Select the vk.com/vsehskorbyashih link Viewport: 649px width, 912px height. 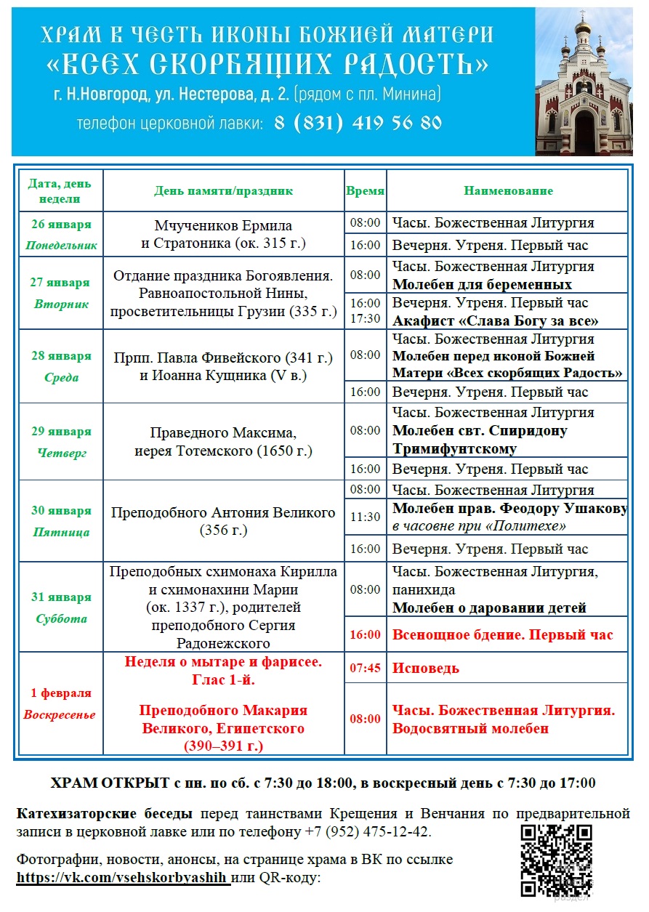pos(123,877)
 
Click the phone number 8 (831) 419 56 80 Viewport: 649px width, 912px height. pos(358,123)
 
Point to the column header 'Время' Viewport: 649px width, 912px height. pos(365,190)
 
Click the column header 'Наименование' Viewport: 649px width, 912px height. pos(508,190)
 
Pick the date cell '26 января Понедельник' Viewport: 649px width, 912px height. pos(61,234)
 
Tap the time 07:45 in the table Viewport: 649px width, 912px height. pos(365,668)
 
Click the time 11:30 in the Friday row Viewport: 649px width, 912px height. pos(365,517)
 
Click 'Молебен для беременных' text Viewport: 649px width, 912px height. pos(482,284)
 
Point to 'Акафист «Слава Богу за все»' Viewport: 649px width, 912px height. pos(496,320)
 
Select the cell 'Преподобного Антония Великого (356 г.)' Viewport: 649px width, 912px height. pos(223,521)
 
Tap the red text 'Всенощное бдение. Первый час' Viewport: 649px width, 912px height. pos(502,634)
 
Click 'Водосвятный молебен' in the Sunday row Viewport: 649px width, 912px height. pos(470,728)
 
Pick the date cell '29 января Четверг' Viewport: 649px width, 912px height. pos(61,442)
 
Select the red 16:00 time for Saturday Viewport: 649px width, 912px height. pos(365,634)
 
